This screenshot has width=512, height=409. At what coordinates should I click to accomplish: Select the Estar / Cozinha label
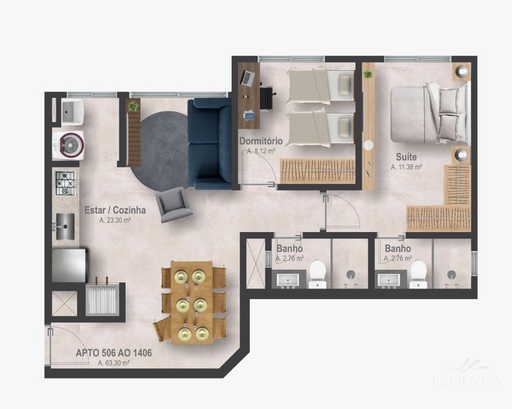pos(114,211)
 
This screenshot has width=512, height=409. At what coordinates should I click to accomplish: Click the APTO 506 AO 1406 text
pos(114,353)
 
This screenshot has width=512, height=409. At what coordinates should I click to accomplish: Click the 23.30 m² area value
pos(115,220)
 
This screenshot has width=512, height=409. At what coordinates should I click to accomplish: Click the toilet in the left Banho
pos(317,272)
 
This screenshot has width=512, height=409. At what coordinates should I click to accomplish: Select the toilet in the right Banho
pos(418,272)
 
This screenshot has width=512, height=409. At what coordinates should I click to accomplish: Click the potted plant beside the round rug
pos(132,106)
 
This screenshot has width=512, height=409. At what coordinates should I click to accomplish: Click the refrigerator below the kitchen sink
pos(69,264)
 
